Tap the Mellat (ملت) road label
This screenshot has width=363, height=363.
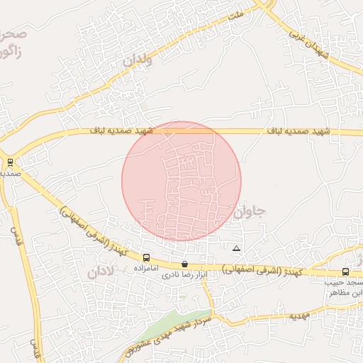pos(237,13)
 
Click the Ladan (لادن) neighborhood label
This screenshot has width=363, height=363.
pos(101,272)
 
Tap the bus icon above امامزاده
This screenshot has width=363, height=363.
pos(146,258)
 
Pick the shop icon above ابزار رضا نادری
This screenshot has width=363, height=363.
pos(185,264)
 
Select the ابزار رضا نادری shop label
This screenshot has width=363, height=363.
pos(186,274)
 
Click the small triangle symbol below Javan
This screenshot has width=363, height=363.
pos(236,248)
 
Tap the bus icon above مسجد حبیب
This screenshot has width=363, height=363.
pos(345,272)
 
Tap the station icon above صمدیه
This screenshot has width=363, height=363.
pos(9,162)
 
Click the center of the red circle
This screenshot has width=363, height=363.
pos(181,181)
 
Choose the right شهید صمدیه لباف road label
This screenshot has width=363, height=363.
pos(298,132)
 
